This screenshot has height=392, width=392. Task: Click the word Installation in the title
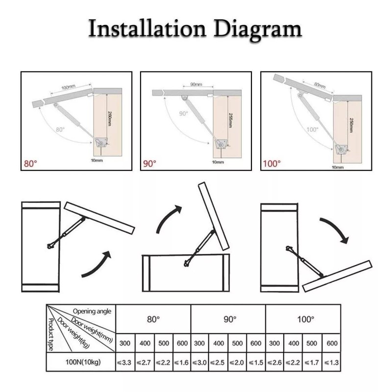click(x=147, y=28)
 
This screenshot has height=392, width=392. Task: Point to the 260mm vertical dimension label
click(x=109, y=118)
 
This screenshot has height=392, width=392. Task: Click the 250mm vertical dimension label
click(x=351, y=125)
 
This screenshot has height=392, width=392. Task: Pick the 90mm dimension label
click(x=196, y=84)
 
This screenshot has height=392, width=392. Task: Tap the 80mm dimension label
click(x=320, y=85)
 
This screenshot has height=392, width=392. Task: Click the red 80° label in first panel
click(x=30, y=164)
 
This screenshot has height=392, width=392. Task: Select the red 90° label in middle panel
click(x=150, y=164)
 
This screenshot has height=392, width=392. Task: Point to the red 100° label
click(x=272, y=164)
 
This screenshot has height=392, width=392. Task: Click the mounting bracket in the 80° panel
click(x=101, y=143)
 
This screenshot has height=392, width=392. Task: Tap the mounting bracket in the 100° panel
click(x=341, y=149)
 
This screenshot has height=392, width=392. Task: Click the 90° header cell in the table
click(x=228, y=319)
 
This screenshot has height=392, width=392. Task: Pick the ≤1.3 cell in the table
click(x=332, y=362)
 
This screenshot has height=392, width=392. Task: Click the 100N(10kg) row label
click(x=83, y=362)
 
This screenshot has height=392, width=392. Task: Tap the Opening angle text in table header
click(x=92, y=312)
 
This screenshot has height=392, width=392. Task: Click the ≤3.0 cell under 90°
click(x=200, y=362)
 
